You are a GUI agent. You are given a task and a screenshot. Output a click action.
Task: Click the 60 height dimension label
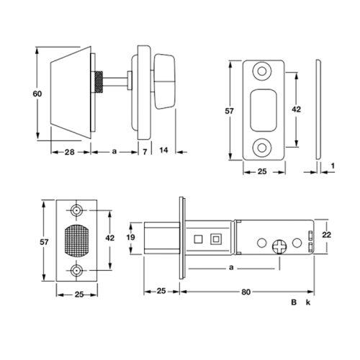(x=37, y=94)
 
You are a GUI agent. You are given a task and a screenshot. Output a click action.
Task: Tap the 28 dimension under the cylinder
(x=69, y=152)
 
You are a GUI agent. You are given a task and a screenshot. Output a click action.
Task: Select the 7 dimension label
(x=145, y=152)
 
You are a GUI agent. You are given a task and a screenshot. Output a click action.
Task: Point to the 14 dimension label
(x=163, y=150)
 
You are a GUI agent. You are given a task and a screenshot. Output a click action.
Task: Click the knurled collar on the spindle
(x=99, y=82)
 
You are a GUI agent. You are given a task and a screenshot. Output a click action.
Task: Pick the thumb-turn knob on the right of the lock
(x=164, y=81)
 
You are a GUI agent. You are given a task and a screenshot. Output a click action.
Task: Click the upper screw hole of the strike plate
(x=262, y=71)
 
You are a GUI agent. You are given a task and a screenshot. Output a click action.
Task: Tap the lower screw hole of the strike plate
(x=262, y=147)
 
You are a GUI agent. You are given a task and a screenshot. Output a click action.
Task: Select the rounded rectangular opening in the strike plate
(x=264, y=110)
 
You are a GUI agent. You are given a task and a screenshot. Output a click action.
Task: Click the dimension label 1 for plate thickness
(x=333, y=166)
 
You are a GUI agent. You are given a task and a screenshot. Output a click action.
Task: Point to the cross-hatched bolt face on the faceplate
(x=77, y=240)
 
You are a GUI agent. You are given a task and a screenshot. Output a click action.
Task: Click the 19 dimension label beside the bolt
(x=131, y=238)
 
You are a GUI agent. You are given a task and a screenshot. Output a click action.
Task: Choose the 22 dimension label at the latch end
(x=327, y=235)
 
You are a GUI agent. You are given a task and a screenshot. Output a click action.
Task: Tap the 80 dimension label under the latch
(x=246, y=292)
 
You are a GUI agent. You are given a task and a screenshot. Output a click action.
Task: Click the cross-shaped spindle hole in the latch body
(x=279, y=247)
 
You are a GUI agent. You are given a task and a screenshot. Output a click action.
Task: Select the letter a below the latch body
(x=231, y=268)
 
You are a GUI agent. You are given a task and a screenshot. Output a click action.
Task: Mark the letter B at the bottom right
(x=294, y=302)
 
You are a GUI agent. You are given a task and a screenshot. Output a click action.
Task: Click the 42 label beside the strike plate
(x=296, y=109)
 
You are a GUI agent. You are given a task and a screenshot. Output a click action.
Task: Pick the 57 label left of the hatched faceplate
(x=44, y=242)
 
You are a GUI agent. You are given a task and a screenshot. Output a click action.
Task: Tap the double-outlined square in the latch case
(x=215, y=239)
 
